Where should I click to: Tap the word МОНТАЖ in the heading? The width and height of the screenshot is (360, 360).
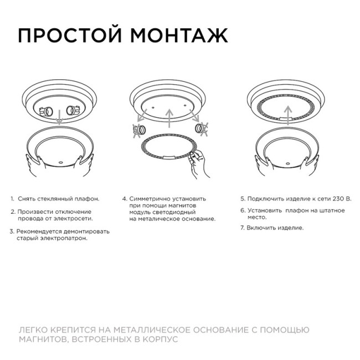coord(179,35)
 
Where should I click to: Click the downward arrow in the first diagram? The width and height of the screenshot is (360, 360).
coord(58,117)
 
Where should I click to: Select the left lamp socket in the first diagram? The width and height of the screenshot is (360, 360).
coord(47,111)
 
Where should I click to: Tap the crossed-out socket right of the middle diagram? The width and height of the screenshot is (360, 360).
coord(200,129)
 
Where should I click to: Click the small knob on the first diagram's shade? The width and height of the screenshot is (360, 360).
coord(60,162)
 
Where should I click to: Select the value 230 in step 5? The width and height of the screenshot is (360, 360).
coord(338,198)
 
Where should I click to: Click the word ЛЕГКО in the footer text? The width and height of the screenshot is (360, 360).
coord(32,330)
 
